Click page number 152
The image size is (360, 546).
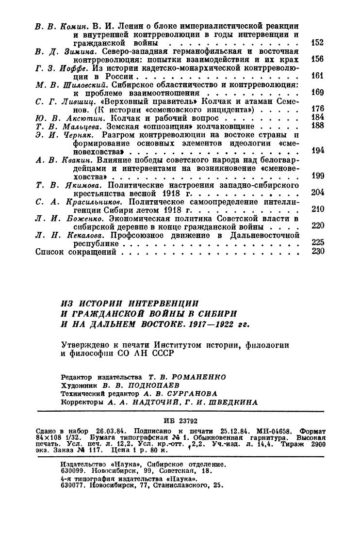point(317,43)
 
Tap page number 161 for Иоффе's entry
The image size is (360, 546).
point(317,76)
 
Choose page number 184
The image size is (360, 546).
point(317,118)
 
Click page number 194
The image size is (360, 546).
point(317,151)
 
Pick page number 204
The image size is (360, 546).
point(317,193)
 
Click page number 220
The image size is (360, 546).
point(317,226)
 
